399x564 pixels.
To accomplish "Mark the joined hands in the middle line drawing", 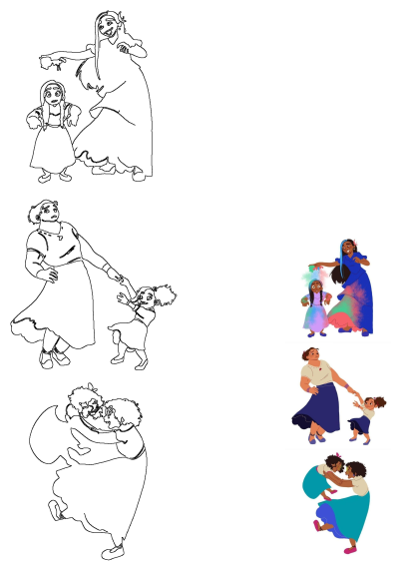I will click(x=120, y=278).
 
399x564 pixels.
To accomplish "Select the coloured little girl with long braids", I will click(x=316, y=304).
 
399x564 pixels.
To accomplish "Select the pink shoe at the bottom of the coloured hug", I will click(x=349, y=548).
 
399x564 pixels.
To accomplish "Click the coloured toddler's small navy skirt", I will click(x=363, y=424).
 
